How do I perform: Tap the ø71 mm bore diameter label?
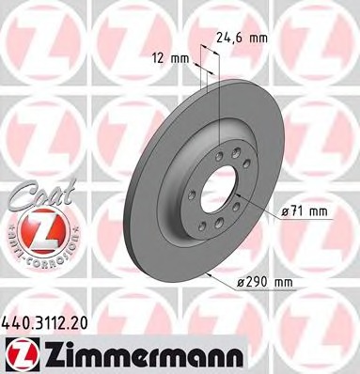click(x=305, y=212)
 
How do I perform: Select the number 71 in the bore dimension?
click(x=299, y=212)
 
